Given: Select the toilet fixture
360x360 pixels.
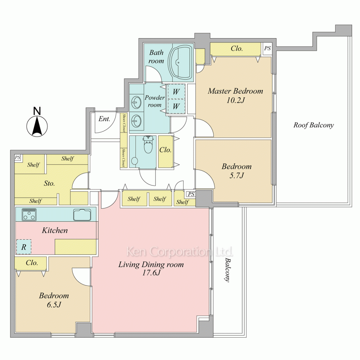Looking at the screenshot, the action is [x=147, y=144].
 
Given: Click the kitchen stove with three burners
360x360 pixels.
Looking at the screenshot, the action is [x=29, y=215].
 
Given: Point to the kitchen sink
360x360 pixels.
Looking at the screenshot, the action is [x=82, y=215].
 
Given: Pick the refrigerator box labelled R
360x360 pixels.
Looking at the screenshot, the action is [x=24, y=247].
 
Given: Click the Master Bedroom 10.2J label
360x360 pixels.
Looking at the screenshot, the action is [x=235, y=95].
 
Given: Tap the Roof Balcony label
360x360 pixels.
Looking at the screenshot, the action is [x=314, y=125].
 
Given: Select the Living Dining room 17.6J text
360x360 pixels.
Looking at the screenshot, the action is [x=151, y=269].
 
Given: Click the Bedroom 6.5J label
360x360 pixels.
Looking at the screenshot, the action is [x=54, y=300].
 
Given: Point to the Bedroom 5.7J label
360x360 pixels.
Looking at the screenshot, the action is [x=237, y=171].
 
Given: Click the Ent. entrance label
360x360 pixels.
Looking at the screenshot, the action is [x=104, y=119].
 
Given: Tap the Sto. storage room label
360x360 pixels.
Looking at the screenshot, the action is [x=49, y=184].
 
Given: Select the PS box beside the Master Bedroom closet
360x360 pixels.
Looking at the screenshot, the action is [x=267, y=49].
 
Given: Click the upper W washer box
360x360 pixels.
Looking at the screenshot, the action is [x=176, y=91].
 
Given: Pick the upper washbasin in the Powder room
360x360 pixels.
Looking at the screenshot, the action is [x=136, y=102].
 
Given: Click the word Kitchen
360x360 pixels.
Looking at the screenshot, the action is [x=55, y=230].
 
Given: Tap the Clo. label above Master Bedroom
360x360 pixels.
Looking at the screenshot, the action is [x=237, y=49].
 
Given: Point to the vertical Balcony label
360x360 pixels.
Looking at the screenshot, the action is [x=227, y=270].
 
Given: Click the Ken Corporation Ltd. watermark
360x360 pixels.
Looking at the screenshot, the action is [x=180, y=252].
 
